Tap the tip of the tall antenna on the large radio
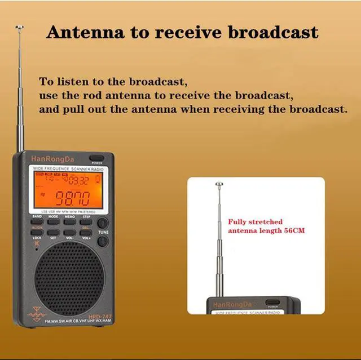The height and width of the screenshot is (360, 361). [x=20, y=27]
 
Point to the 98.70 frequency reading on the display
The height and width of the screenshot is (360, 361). [x=70, y=198]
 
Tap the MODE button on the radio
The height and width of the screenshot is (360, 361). [x=53, y=221]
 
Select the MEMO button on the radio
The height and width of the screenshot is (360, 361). [x=69, y=221]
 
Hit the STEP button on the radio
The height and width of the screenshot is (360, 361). [x=86, y=221]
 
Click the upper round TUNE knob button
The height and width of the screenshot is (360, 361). [x=103, y=221]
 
